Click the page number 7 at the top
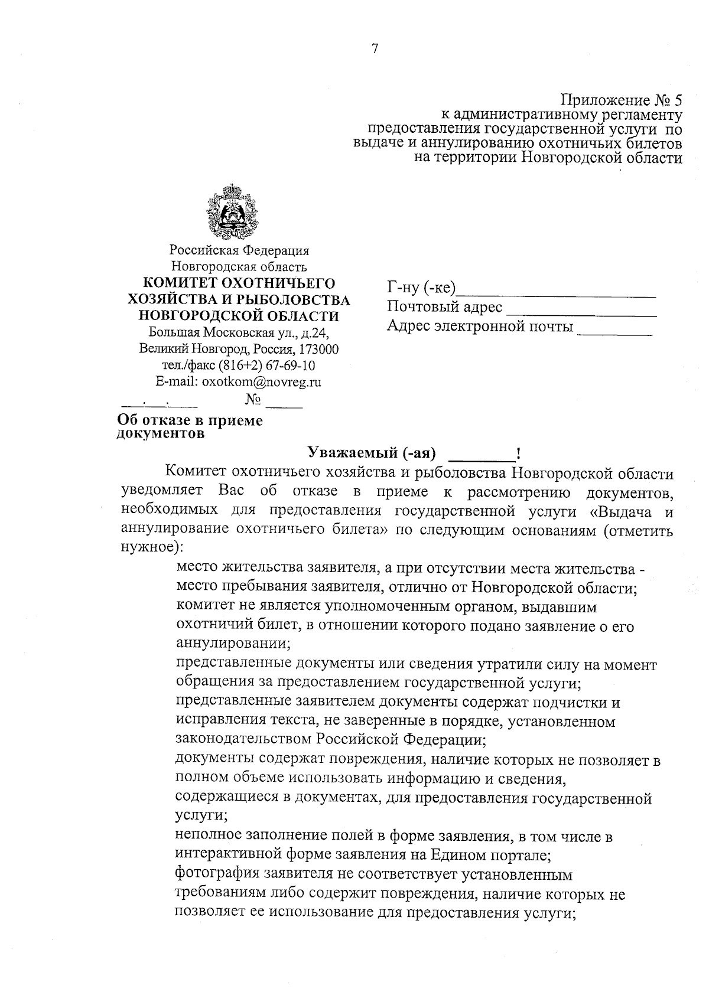(x=374, y=49)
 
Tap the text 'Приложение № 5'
(x=620, y=99)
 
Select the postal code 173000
(x=320, y=349)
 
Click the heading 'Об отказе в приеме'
(x=190, y=420)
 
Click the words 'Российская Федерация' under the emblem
(x=239, y=251)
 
